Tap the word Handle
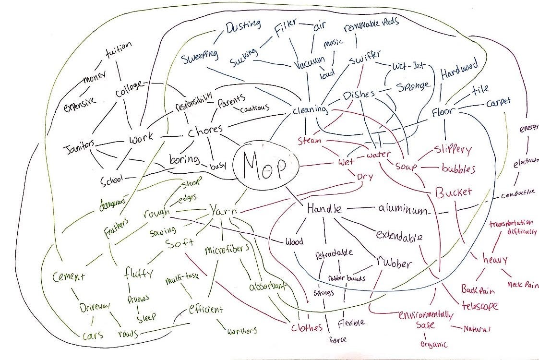[x=324, y=209]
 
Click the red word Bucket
[x=453, y=192]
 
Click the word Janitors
[x=80, y=144]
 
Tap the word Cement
[x=70, y=277]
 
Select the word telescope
[x=479, y=305]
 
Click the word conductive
[x=517, y=195]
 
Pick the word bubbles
[x=458, y=169]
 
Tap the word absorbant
[x=267, y=287]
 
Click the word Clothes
[x=307, y=328]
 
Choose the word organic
[x=433, y=344]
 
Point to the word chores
[x=205, y=130]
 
